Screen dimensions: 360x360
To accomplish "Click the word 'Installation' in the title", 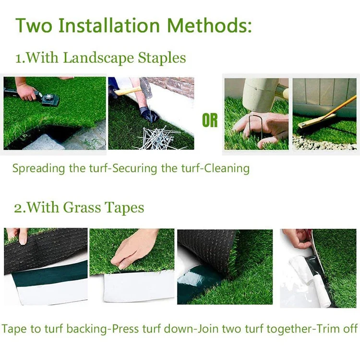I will point(113,25).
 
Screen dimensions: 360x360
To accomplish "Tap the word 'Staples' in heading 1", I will point(162,58).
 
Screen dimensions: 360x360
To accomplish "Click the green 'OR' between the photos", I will point(210,121).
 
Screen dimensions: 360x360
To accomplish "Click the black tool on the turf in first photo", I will point(48,98).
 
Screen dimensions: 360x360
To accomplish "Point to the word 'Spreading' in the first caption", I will point(35,168).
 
